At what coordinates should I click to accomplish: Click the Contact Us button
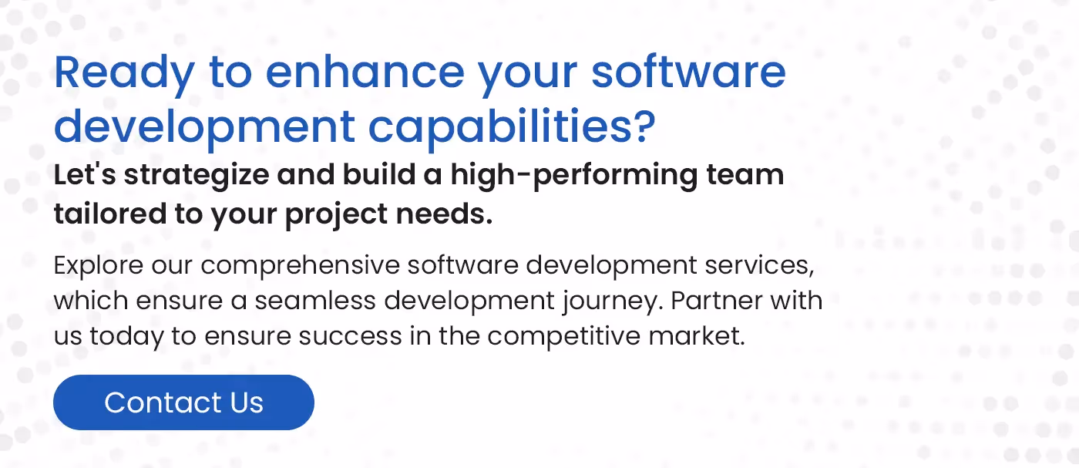tap(183, 402)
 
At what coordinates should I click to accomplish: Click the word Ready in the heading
tap(124, 73)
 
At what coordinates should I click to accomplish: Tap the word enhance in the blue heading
tap(365, 73)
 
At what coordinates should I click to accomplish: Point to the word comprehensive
tap(301, 267)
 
